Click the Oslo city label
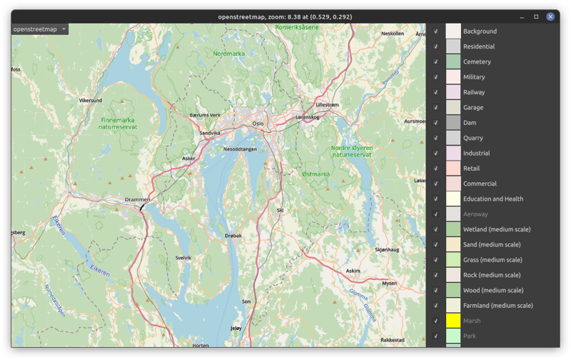pos(258,124)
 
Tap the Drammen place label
pos(137,199)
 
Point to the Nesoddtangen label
pos(240,149)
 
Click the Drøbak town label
pos(233,235)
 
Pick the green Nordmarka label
pos(228,54)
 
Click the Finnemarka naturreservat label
pos(118,124)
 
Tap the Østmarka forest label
pos(315,174)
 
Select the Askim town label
pos(353,271)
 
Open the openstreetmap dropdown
pos(40,29)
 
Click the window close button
pos(550,16)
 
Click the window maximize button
pos(536,16)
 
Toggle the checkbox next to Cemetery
pos(436,62)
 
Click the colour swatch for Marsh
pos(453,321)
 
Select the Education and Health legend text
pos(492,199)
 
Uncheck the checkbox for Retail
pos(436,169)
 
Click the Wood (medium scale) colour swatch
pos(453,290)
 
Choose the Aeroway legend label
pos(475,214)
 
